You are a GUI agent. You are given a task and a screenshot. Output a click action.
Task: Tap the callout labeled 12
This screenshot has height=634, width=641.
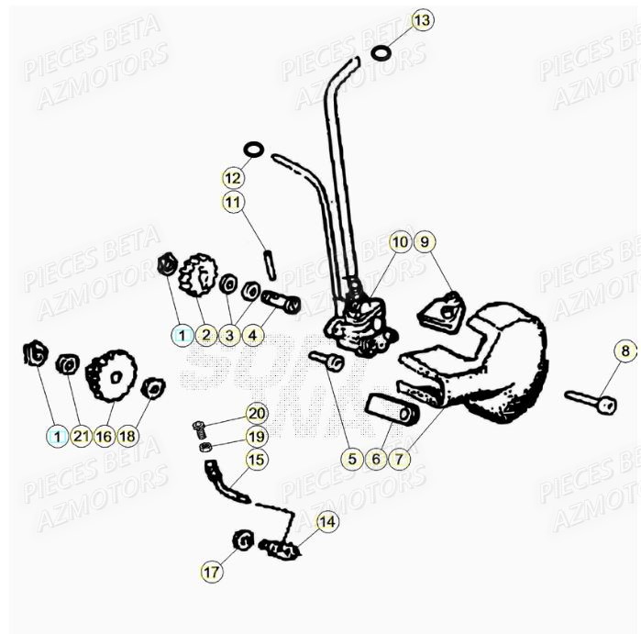[233, 176]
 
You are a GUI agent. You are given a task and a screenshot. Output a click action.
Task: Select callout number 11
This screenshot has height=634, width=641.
[233, 201]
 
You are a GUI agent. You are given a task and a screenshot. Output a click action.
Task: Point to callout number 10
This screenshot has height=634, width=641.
[400, 241]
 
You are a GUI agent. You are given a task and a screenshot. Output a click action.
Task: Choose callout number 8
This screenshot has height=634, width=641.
[624, 350]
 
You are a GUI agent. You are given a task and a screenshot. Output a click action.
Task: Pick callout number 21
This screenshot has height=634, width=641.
[81, 437]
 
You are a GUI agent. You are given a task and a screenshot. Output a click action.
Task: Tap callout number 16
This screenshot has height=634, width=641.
[104, 437]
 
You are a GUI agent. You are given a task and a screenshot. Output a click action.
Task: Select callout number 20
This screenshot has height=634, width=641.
[257, 414]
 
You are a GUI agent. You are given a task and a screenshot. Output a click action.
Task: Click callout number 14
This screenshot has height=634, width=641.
[327, 522]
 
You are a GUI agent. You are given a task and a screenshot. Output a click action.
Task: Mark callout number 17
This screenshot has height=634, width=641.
[211, 572]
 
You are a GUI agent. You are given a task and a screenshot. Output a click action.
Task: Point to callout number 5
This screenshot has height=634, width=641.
[352, 458]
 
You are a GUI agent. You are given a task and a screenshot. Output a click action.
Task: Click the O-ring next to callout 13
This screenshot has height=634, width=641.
[381, 53]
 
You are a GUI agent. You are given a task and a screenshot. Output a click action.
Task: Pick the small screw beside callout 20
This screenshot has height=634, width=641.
[200, 426]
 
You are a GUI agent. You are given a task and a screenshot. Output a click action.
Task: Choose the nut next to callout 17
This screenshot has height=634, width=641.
[243, 540]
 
